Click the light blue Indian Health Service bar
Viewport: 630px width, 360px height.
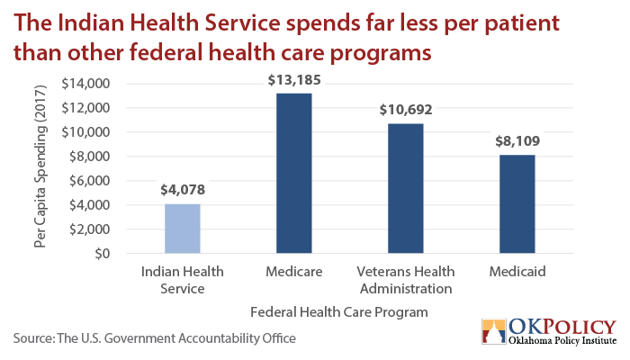point(183,229)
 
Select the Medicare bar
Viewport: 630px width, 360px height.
point(294,173)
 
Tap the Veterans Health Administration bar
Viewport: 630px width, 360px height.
point(405,188)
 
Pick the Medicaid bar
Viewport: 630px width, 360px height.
point(517,204)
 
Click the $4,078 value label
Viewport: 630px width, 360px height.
point(183,190)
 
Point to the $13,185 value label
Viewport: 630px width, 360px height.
point(294,80)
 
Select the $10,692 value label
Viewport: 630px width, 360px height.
point(406,110)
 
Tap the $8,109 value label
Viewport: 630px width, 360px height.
point(517,141)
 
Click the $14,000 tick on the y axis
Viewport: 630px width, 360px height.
point(85,84)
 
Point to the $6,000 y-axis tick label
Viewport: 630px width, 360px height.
point(89,181)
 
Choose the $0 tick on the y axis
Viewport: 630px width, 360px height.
point(102,254)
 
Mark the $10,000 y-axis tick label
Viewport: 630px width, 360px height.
point(85,132)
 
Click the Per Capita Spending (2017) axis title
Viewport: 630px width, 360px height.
point(40,166)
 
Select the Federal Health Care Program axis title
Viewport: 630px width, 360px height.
point(339,312)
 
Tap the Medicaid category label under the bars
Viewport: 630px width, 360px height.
point(517,272)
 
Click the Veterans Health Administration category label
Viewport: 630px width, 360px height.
point(406,280)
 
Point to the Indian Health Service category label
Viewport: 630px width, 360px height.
point(183,280)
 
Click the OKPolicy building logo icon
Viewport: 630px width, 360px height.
point(494,331)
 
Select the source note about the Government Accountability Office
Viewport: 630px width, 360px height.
point(155,338)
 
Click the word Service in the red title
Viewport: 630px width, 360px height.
point(242,22)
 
